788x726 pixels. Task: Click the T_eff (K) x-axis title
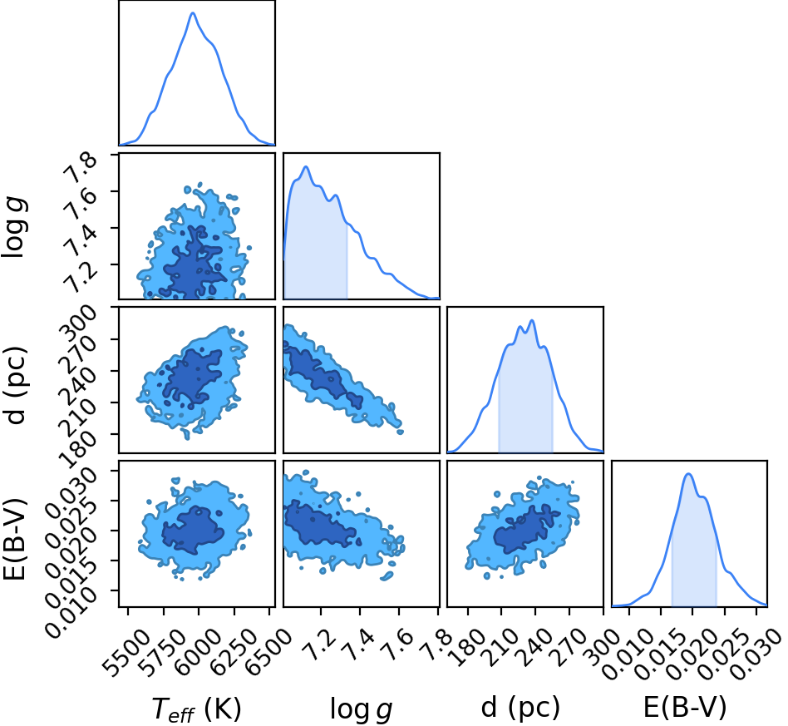(196, 709)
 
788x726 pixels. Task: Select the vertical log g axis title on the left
(15, 227)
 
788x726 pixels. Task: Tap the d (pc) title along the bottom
(520, 708)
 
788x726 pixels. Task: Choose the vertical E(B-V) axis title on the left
(15, 539)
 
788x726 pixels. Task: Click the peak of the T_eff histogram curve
(193, 12)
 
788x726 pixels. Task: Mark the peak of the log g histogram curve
(305, 166)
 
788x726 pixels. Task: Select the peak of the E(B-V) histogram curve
(688, 474)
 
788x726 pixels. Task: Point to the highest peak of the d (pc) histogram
(532, 320)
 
